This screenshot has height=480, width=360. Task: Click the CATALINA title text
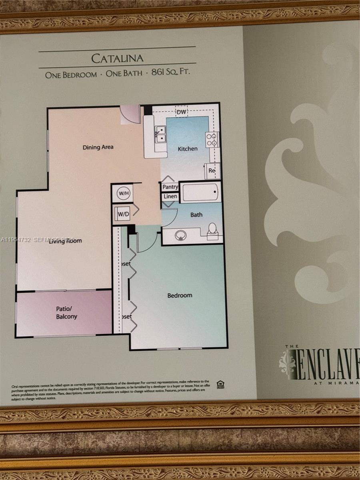coord(117,58)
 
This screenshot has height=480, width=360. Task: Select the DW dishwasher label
coord(181,112)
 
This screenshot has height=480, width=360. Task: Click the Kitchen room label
coord(188,149)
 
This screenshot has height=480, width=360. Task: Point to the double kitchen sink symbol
coord(161,134)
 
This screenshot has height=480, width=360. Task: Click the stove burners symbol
coord(212,139)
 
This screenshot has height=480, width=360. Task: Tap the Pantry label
coord(170,187)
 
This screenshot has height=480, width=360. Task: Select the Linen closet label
coord(170,197)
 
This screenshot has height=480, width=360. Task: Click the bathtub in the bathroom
coord(200,192)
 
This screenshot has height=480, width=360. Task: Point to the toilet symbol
coord(212,231)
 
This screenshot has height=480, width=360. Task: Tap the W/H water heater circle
coord(123,194)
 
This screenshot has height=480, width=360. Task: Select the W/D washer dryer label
coord(123,214)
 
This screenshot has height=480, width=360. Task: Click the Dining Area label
coord(98,147)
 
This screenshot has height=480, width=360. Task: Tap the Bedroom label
coord(180,296)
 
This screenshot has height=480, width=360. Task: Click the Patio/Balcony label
coord(66,312)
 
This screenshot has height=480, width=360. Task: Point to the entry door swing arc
coord(130,115)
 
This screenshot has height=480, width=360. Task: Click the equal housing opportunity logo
coord(220,384)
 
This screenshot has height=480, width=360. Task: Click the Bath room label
coord(196,215)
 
